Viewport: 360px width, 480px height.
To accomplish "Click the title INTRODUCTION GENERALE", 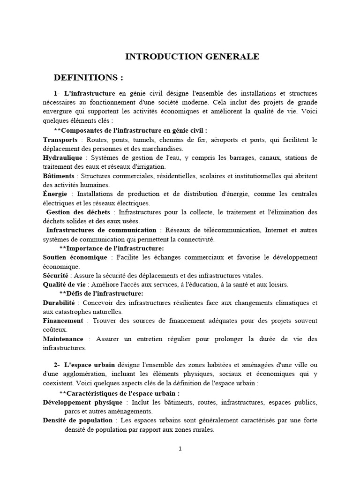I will tap(192, 57).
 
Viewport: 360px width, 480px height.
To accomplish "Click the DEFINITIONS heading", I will tap(89, 77).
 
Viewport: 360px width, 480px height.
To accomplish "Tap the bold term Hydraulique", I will tap(62, 157).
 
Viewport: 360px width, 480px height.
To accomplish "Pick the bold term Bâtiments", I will tap(59, 176).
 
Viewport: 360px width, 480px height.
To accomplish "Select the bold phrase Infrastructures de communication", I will tap(101, 230).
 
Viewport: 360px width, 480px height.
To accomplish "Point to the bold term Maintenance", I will tap(63, 339).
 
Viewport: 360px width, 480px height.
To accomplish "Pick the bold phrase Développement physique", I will tap(82, 403).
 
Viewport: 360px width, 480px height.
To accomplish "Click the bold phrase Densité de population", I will tap(77, 420).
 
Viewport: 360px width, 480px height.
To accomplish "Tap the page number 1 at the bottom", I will tap(180, 449).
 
